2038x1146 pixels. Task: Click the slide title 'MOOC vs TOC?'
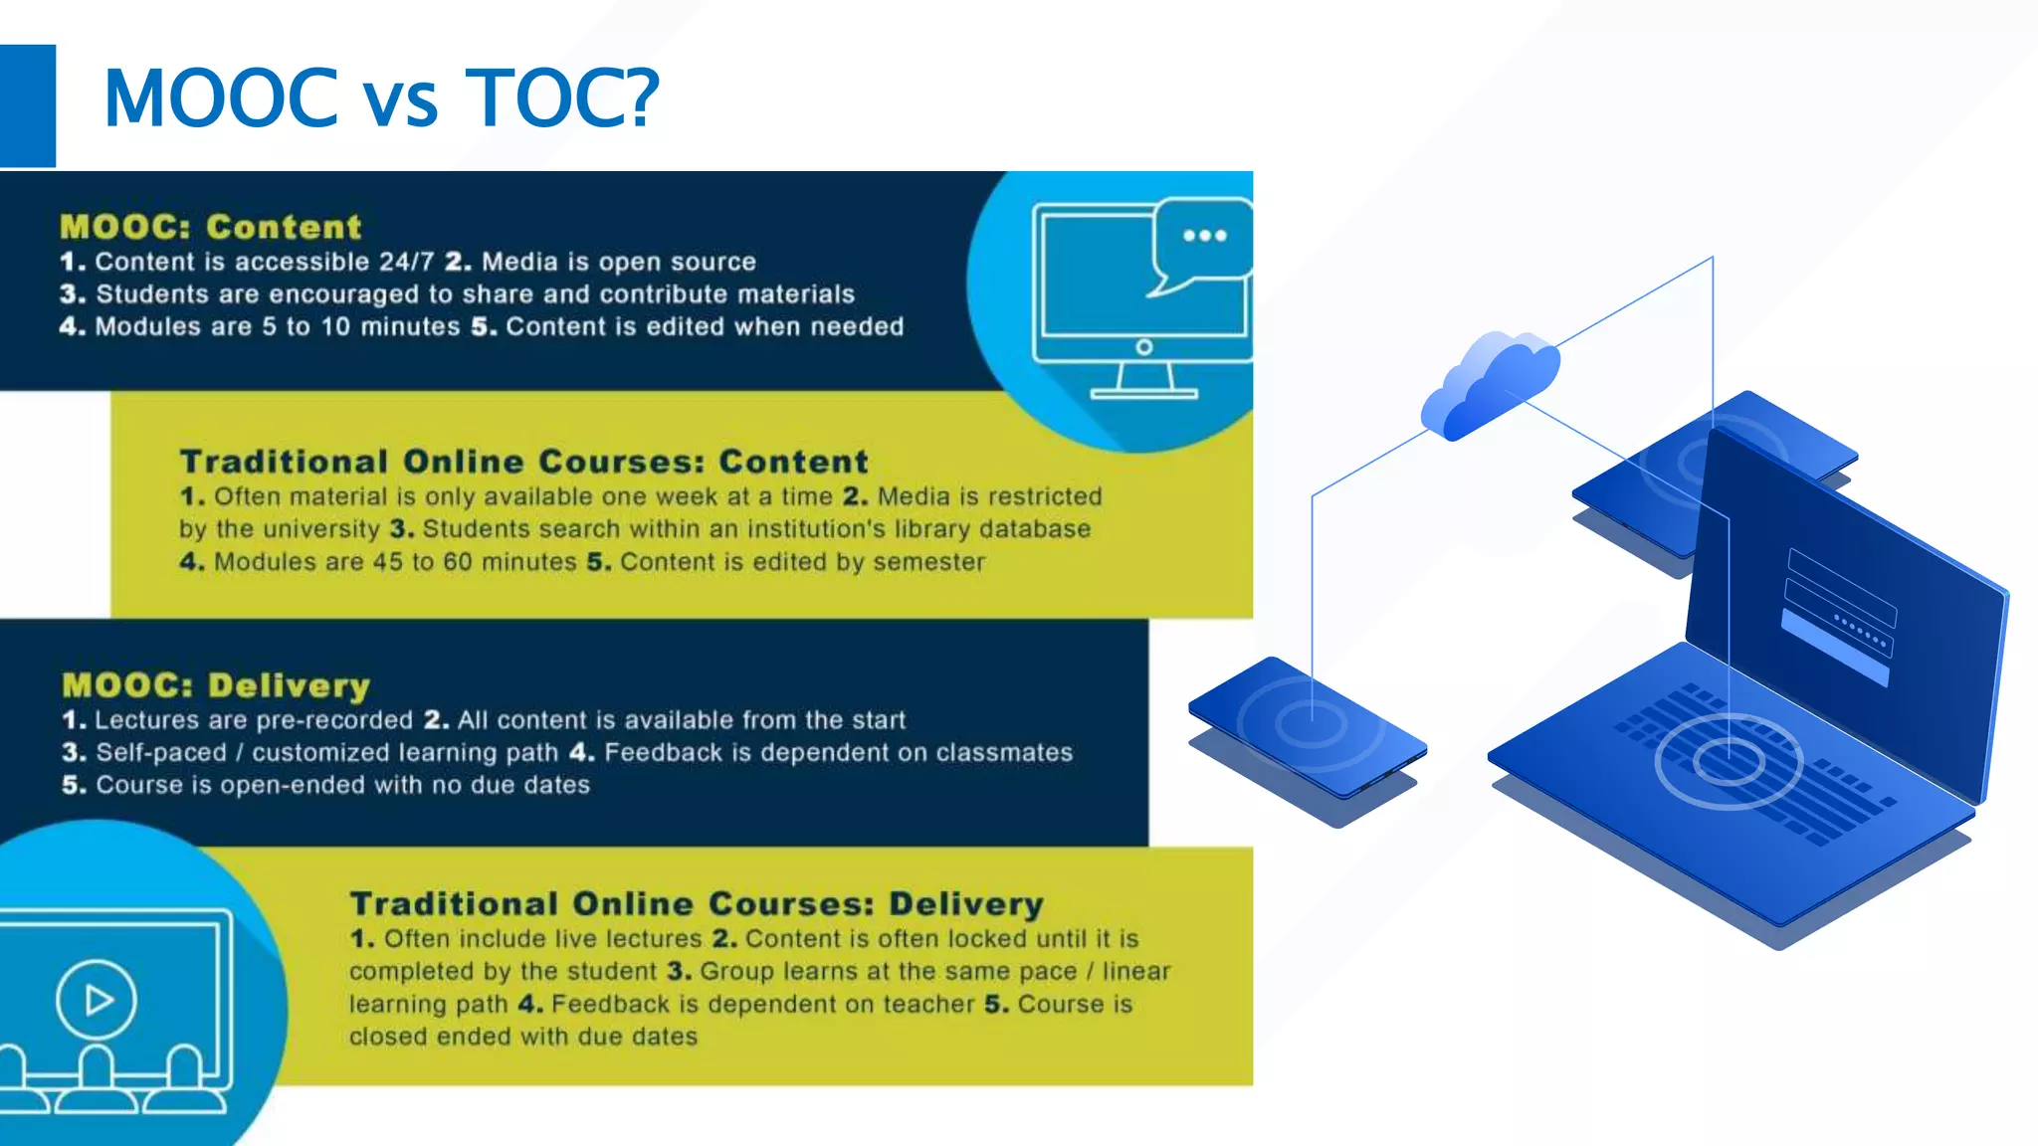click(381, 98)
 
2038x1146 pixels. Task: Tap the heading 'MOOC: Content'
click(211, 227)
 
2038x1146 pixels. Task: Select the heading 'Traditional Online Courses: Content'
click(523, 462)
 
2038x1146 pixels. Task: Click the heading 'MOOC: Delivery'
click(216, 685)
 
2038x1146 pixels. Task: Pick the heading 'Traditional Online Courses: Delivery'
click(697, 903)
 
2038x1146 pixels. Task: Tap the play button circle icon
click(97, 1000)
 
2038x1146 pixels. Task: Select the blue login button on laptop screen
click(1833, 648)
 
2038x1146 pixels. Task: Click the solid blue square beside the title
click(27, 105)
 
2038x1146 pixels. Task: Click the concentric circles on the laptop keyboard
click(1729, 761)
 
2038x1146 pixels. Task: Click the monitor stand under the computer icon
click(1143, 382)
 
